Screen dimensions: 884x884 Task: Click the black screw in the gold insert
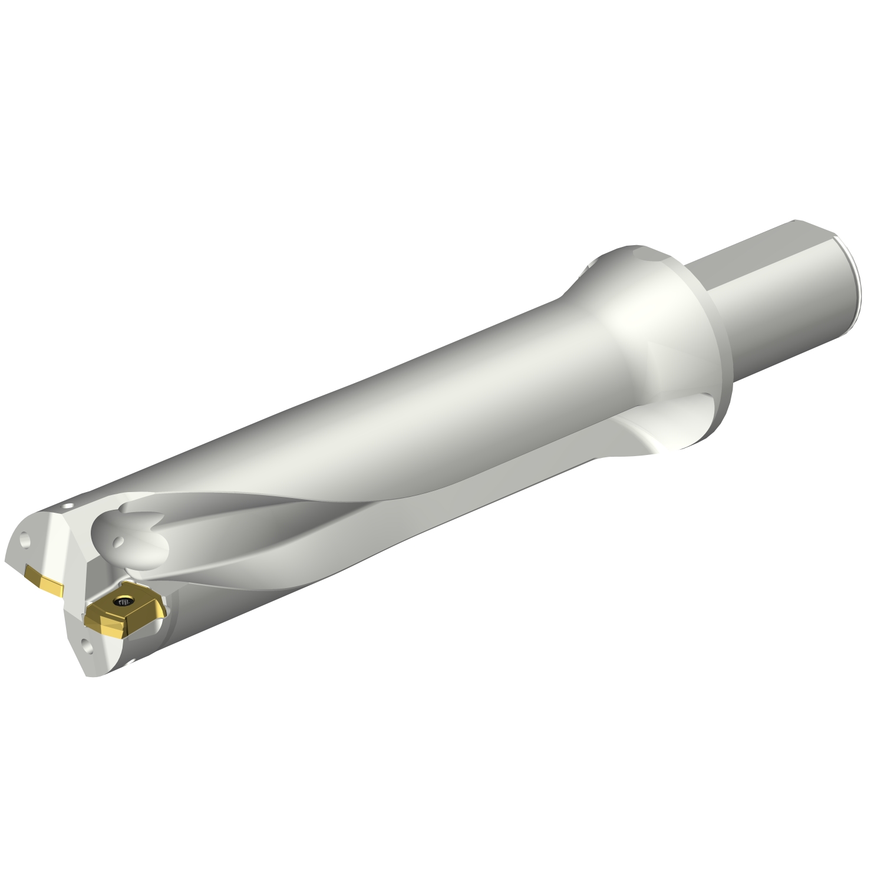click(x=124, y=602)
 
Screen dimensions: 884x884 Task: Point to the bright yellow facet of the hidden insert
click(x=52, y=588)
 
